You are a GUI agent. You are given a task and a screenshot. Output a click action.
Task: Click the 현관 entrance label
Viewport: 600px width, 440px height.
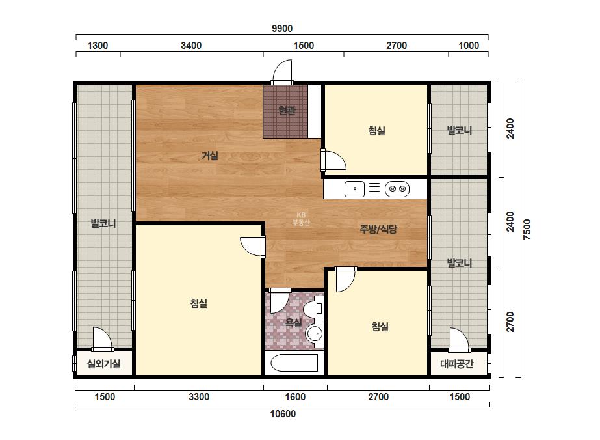click(x=287, y=111)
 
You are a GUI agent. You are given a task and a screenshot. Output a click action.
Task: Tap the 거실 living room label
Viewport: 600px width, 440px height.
click(x=210, y=156)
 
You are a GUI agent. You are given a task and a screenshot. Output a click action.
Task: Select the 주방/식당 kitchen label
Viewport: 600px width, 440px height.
click(x=378, y=229)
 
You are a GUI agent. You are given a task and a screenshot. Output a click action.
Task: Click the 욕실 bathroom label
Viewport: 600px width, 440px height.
click(x=293, y=323)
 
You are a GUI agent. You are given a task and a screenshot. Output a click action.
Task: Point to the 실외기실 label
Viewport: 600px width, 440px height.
click(x=104, y=364)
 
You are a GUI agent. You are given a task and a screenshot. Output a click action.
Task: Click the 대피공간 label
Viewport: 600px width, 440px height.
click(x=457, y=364)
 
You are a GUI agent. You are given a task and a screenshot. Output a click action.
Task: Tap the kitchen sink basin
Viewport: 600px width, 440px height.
click(x=354, y=189)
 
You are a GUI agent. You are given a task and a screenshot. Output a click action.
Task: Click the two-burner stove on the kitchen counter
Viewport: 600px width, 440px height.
click(x=397, y=189)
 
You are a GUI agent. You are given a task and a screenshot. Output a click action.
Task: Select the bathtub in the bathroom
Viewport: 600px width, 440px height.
click(x=294, y=363)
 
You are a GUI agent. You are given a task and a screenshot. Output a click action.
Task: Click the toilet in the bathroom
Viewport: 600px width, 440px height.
click(x=315, y=309)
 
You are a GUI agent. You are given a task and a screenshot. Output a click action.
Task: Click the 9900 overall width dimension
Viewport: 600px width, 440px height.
click(x=282, y=29)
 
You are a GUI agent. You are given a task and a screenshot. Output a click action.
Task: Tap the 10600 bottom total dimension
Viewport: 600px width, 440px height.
click(x=283, y=414)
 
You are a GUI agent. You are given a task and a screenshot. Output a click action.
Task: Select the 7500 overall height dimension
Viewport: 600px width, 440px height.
click(x=527, y=229)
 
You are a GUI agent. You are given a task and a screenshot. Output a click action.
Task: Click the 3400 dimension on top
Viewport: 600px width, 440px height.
click(x=191, y=45)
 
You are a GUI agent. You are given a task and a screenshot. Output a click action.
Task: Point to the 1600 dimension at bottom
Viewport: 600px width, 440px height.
click(x=295, y=396)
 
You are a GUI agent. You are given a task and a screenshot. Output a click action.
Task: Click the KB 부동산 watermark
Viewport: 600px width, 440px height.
click(x=301, y=219)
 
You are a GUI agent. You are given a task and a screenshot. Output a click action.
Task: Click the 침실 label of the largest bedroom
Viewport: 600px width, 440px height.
click(x=199, y=303)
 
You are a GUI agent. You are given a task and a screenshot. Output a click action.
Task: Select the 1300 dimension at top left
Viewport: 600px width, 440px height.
click(x=98, y=45)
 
